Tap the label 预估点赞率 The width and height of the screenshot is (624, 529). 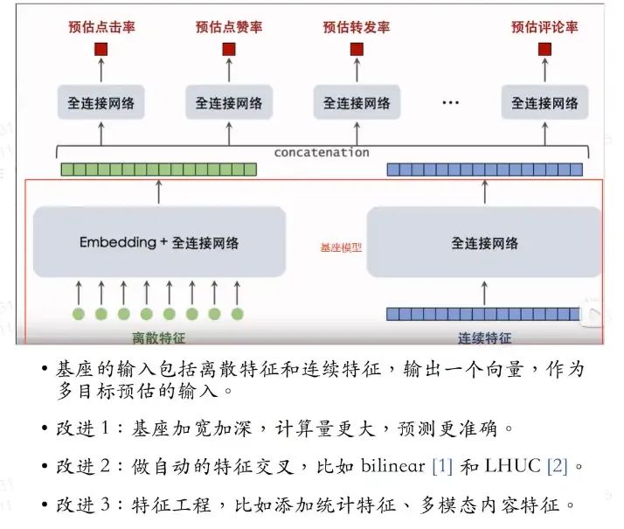pos(229,27)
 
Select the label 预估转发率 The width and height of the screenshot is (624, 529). pos(357,27)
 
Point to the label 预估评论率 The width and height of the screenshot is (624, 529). pos(544,27)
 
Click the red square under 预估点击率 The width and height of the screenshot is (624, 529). pos(101,49)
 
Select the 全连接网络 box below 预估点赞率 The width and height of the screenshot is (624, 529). pos(229,102)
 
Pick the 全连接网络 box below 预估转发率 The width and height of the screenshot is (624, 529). pos(357,102)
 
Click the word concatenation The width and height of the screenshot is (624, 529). pos(322,152)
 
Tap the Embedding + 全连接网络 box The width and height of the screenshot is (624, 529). pos(159,242)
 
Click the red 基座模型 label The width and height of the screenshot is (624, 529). pos(341,247)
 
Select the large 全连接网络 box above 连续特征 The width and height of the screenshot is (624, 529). pos(484,242)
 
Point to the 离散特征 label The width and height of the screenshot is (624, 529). pos(157,338)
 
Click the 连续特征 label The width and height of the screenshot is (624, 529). pos(484,338)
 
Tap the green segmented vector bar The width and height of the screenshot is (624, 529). pos(158,169)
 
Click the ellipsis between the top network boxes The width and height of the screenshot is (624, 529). pos(450,103)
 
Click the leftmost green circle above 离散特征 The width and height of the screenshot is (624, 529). pos(79,313)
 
